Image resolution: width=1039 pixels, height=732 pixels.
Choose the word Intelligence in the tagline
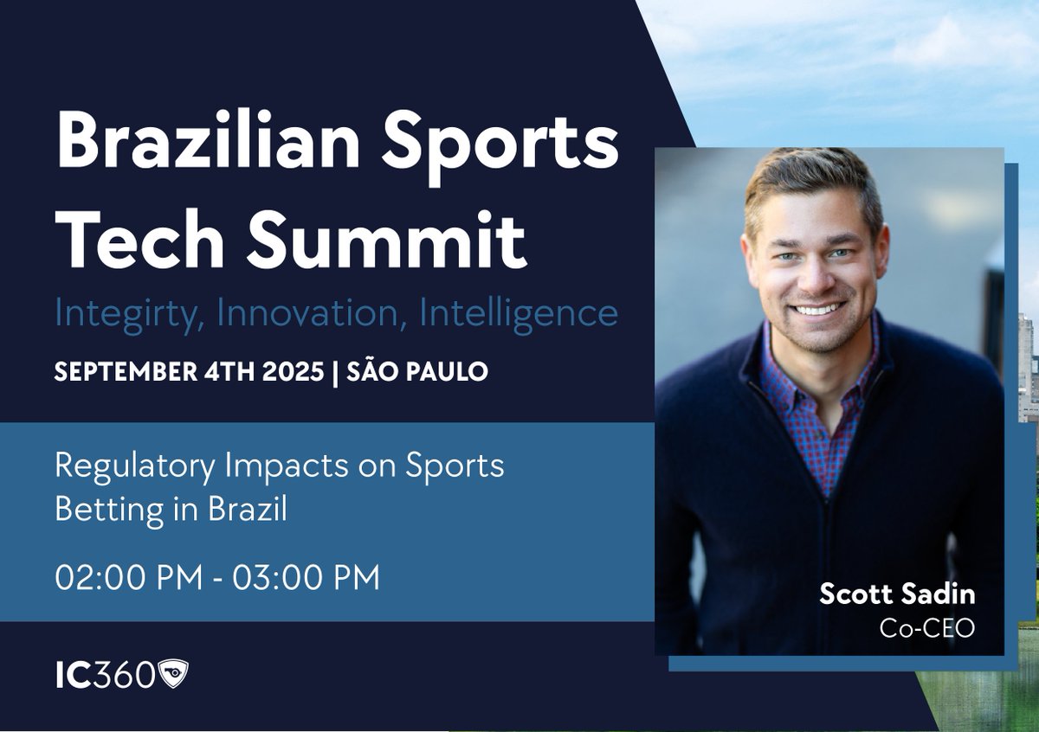[518, 313]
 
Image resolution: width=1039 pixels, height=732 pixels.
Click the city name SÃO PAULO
[417, 372]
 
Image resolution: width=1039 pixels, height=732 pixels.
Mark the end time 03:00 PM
[307, 578]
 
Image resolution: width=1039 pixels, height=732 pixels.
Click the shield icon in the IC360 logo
[173, 674]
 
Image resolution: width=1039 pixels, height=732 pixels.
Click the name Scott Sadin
[897, 594]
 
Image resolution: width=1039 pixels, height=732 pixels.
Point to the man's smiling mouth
[817, 307]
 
